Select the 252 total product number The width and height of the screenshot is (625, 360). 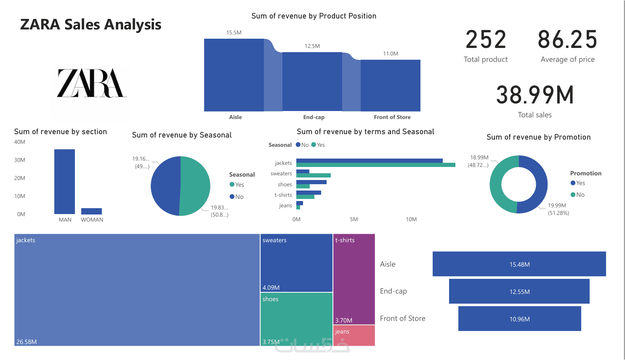click(x=486, y=40)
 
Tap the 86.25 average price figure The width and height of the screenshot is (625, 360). click(x=567, y=40)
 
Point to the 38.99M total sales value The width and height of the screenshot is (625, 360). click(x=535, y=95)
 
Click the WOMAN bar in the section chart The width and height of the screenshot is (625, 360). click(x=91, y=211)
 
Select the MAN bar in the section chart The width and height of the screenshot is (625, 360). click(x=64, y=182)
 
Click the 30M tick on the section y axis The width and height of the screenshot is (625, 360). click(x=20, y=160)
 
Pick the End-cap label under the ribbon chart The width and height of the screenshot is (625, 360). click(x=314, y=117)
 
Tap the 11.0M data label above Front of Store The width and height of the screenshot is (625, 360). click(x=391, y=54)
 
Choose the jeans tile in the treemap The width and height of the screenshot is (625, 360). click(x=354, y=336)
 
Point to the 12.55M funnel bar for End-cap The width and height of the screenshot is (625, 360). click(x=519, y=292)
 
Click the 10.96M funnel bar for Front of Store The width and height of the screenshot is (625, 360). click(x=519, y=319)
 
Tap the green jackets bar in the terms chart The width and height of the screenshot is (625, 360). click(x=375, y=165)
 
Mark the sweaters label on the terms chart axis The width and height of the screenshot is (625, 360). click(x=281, y=174)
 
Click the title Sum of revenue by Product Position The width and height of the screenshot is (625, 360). click(x=314, y=16)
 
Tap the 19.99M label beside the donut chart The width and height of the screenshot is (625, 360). click(x=557, y=206)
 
